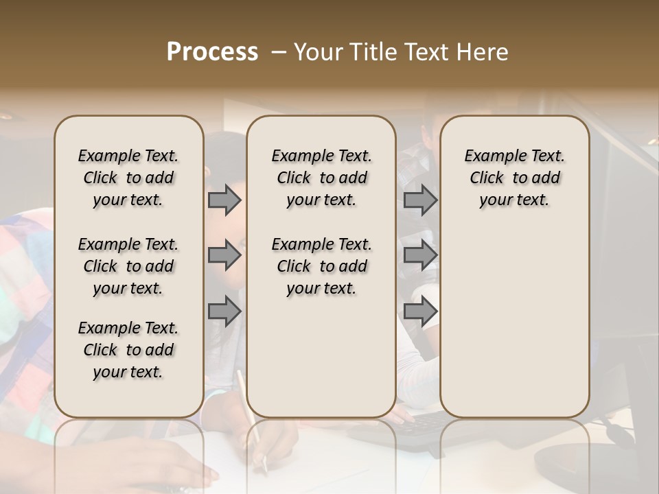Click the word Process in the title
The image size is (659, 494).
point(212,52)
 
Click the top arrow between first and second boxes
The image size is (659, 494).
point(224,200)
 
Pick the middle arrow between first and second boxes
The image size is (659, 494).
point(224,255)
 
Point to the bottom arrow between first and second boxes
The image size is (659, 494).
point(224,311)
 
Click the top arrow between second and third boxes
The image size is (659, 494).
point(420,200)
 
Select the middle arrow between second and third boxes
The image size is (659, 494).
point(420,255)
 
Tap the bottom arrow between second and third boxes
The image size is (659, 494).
point(420,311)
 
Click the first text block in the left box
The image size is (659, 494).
point(128,178)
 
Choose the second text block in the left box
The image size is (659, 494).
point(128,266)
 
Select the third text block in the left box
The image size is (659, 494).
point(128,350)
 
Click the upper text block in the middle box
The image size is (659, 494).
point(321,178)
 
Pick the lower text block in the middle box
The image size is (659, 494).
point(321,266)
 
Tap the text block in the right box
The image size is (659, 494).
point(514,178)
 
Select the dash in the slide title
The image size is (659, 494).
point(279,52)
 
